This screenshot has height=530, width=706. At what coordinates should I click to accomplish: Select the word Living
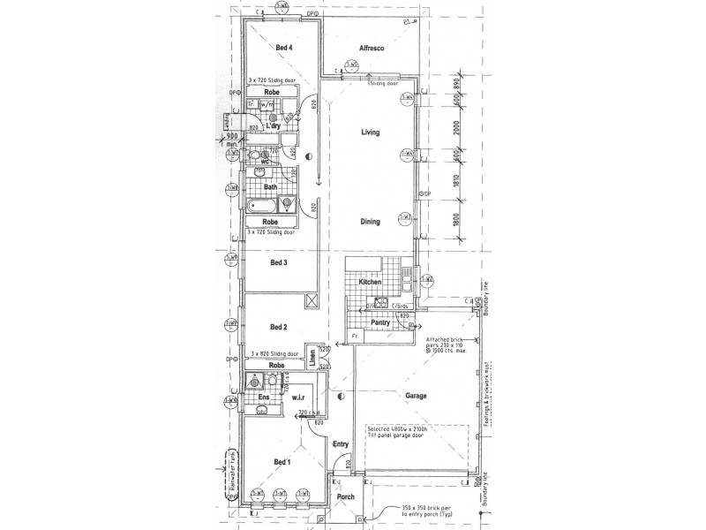pyautogui.click(x=370, y=132)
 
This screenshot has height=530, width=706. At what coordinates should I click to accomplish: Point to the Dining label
pyautogui.click(x=370, y=222)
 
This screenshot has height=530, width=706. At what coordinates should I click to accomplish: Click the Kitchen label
pyautogui.click(x=370, y=282)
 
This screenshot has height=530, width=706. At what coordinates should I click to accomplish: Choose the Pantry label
pyautogui.click(x=381, y=323)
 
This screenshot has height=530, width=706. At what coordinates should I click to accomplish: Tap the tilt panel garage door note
pyautogui.click(x=399, y=433)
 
